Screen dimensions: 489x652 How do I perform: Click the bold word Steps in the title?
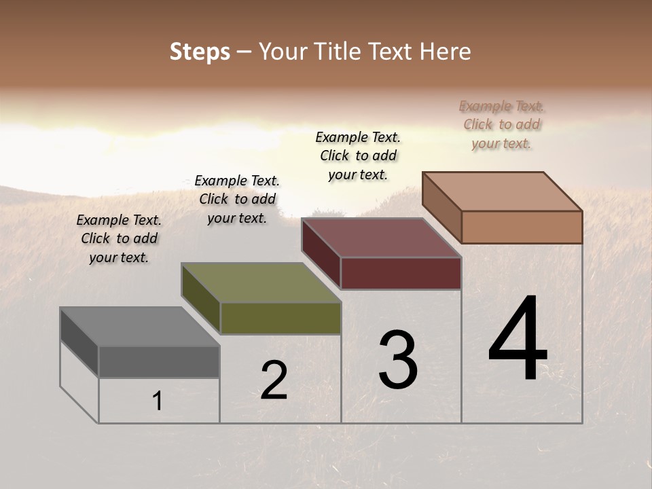tap(200, 52)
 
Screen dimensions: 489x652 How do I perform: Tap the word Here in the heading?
tap(446, 52)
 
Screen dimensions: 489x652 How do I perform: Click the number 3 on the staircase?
tap(398, 360)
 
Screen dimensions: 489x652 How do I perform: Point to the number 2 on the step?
tap(274, 380)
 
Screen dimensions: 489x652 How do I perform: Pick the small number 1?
tap(158, 401)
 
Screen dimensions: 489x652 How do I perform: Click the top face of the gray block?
tap(139, 327)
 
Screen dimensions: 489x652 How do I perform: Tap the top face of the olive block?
tap(260, 283)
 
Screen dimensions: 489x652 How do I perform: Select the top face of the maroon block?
tap(381, 238)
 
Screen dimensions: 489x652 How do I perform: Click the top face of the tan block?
tap(502, 191)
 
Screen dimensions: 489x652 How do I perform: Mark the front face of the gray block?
tap(159, 362)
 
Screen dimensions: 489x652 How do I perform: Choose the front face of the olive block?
tap(280, 319)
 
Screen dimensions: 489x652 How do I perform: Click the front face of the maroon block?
tap(401, 274)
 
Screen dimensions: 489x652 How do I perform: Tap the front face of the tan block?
tap(522, 227)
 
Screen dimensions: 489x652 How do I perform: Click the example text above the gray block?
tap(119, 239)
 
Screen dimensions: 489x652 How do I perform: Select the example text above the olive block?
tap(237, 200)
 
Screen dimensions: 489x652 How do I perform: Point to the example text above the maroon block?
tap(358, 156)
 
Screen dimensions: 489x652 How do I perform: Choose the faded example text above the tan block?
tap(501, 125)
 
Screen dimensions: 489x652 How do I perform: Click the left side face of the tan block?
tap(442, 207)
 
